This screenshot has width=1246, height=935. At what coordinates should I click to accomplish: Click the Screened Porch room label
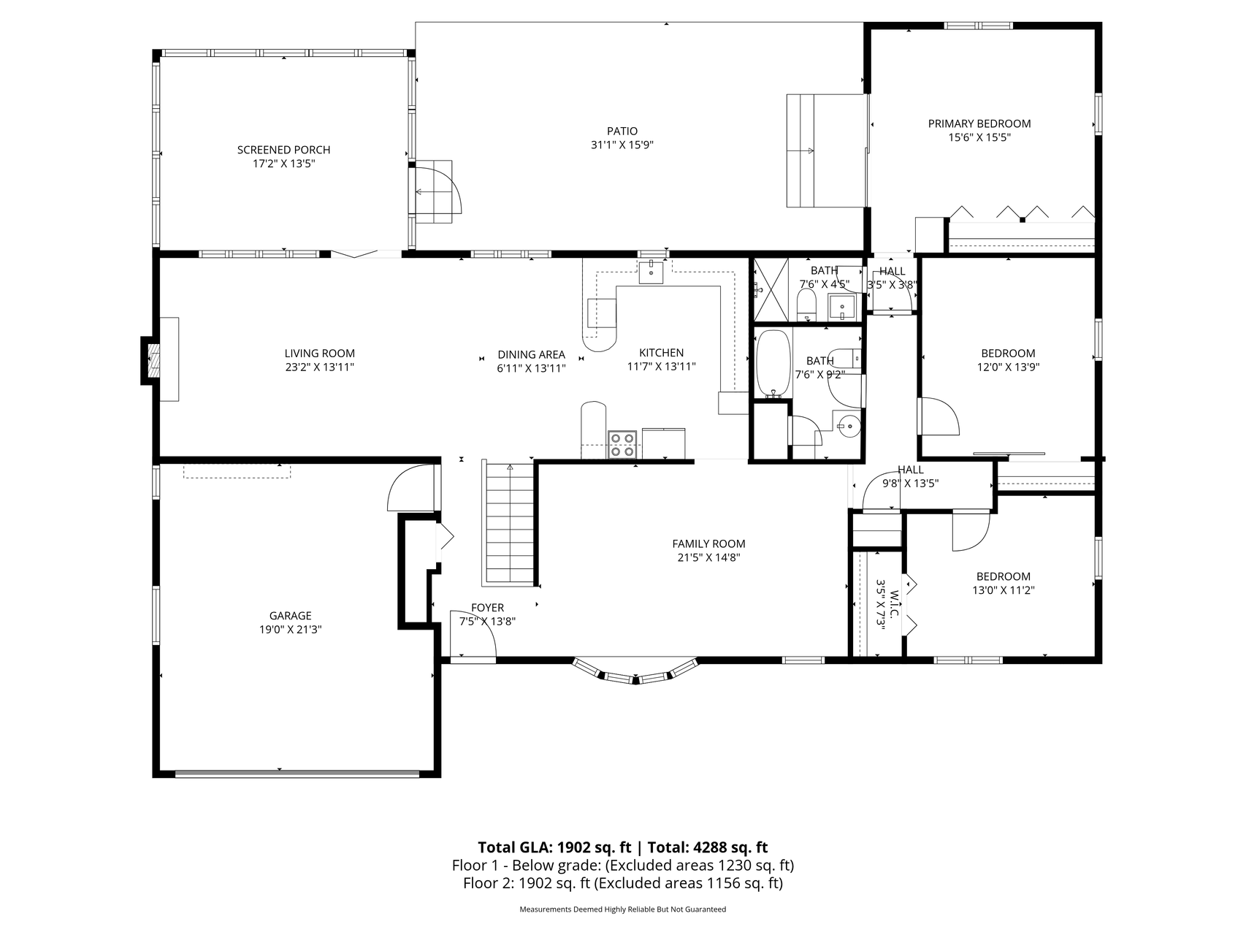283,150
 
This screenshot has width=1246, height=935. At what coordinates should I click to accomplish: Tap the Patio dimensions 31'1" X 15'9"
622,145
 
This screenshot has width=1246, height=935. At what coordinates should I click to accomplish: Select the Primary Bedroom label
979,123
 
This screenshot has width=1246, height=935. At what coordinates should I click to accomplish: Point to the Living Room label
319,354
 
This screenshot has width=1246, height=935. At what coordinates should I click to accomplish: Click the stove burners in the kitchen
622,445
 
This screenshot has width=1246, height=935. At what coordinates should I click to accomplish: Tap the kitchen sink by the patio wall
651,271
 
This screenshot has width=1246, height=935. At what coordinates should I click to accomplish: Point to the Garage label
290,616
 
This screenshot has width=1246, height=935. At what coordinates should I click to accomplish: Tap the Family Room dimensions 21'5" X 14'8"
708,558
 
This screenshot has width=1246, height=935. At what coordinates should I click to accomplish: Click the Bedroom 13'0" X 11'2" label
1003,584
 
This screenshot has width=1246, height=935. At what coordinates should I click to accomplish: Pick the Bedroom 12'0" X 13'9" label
1008,361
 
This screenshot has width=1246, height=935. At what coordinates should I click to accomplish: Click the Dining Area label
531,354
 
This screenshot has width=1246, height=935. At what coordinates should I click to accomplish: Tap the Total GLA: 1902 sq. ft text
554,847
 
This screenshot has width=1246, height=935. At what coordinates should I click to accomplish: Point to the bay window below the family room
635,673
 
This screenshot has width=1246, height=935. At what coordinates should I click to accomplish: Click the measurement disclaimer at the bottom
622,909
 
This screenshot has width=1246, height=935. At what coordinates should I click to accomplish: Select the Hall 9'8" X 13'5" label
910,476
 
